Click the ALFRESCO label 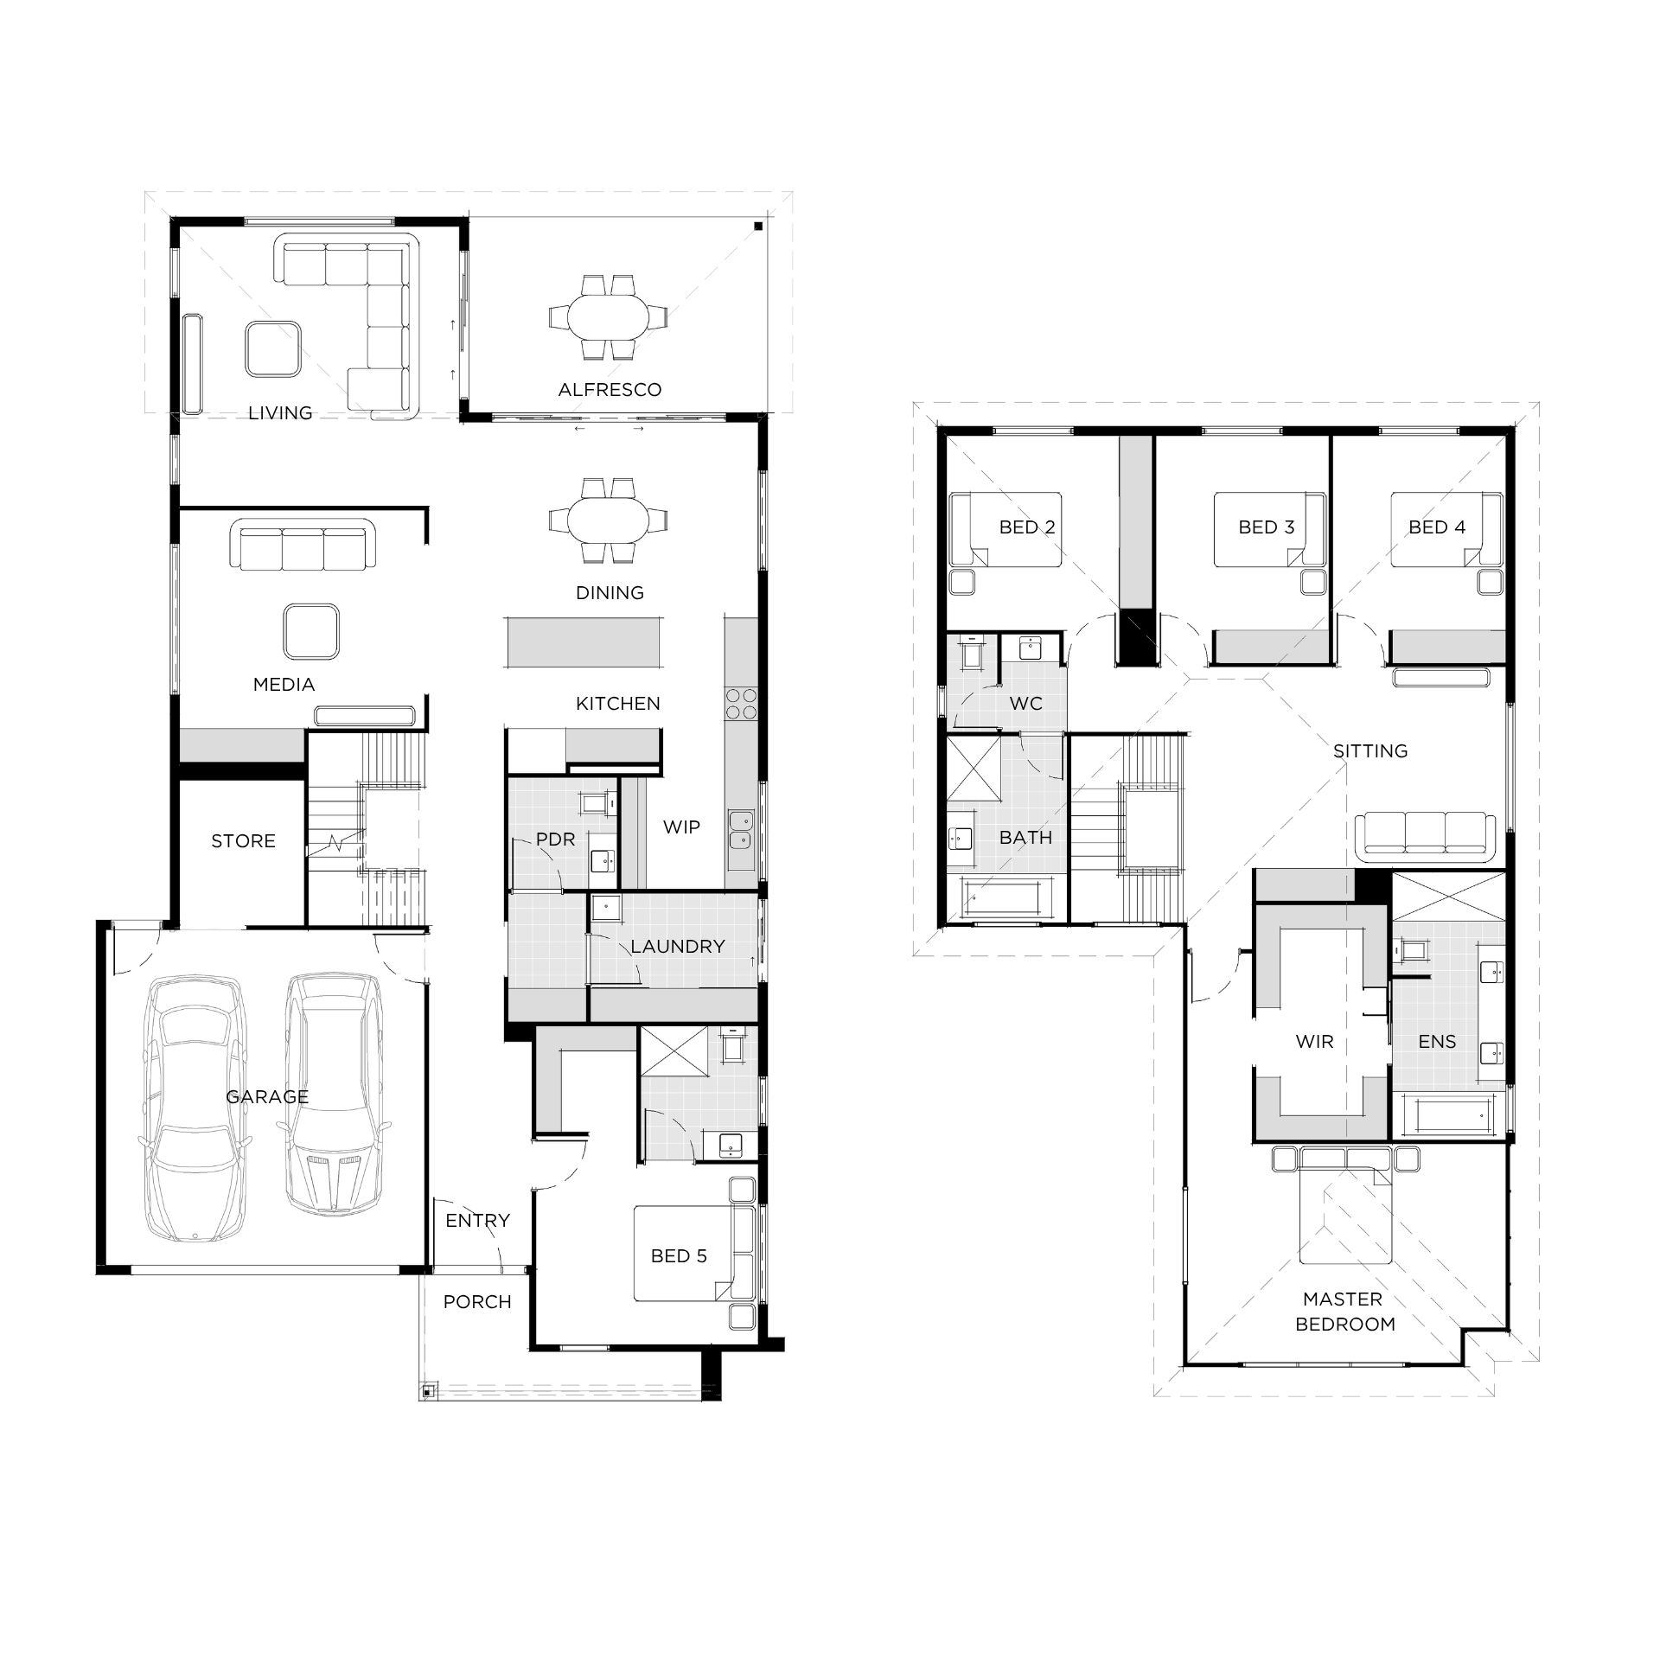coord(610,390)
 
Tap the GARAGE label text coord(267,1097)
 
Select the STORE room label coord(243,841)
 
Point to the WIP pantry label coord(681,827)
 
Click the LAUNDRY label coord(677,947)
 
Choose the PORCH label coord(477,1302)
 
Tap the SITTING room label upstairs coord(1370,751)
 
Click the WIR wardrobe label coord(1314,1042)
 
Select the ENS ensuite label coord(1437,1042)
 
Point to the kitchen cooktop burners coord(741,704)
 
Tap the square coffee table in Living coord(272,349)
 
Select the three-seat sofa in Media coord(303,545)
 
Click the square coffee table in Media coord(311,631)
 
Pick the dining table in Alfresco coord(608,317)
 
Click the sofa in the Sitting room coord(1425,836)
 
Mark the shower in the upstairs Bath coord(974,769)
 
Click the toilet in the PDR coord(596,803)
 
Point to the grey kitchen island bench coord(584,642)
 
